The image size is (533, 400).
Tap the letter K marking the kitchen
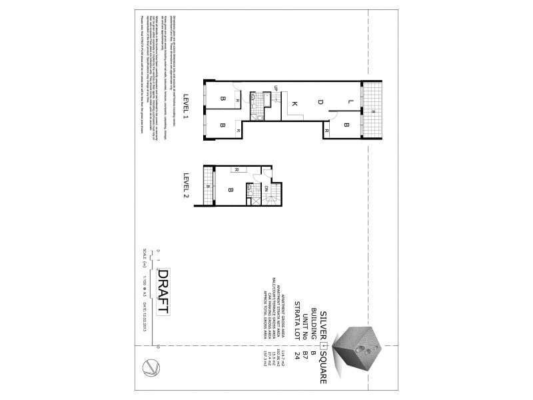click(294, 103)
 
